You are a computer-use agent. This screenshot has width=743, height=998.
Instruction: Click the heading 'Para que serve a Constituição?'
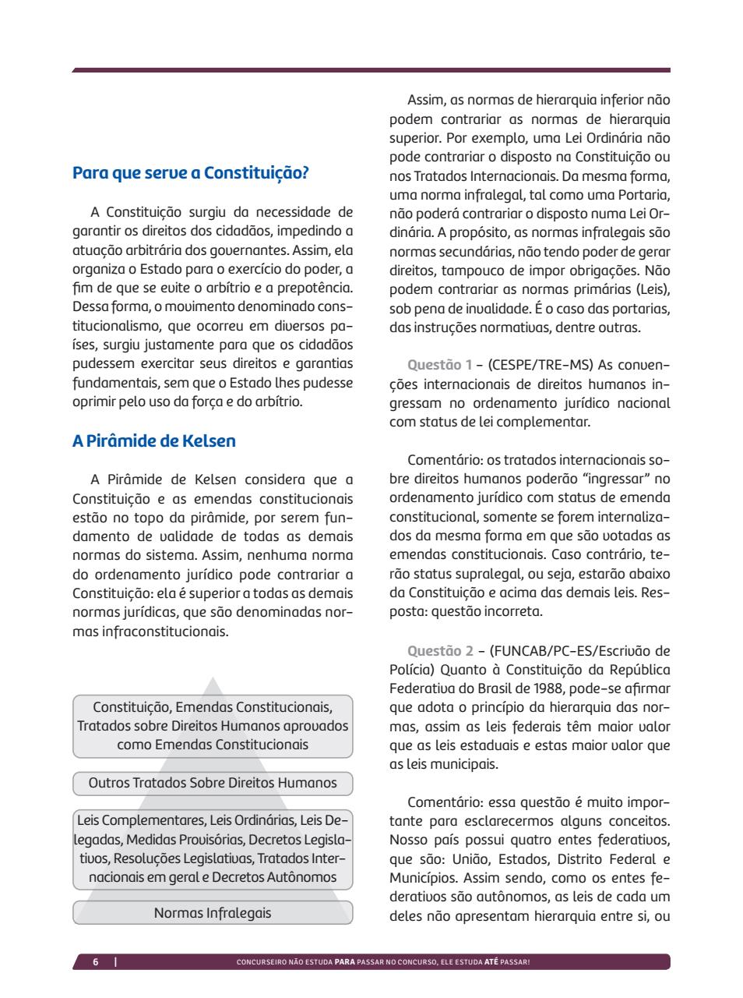coord(191,173)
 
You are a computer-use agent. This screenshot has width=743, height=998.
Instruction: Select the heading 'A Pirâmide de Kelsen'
coord(153,441)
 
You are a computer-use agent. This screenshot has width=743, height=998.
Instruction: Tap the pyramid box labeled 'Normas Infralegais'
coord(213,912)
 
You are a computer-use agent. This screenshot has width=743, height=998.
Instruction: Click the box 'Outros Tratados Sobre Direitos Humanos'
coord(213,783)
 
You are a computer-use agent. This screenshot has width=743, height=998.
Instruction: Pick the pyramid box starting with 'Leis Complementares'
coord(213,848)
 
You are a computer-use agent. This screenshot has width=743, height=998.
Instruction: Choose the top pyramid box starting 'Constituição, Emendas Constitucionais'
coord(213,726)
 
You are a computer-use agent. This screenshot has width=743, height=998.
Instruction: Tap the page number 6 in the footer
coord(96,962)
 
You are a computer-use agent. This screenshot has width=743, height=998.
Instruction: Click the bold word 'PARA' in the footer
coord(344,962)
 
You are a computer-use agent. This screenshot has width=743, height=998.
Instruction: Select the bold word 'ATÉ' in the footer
coord(491,962)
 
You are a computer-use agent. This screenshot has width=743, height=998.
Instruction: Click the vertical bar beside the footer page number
coord(115,962)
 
